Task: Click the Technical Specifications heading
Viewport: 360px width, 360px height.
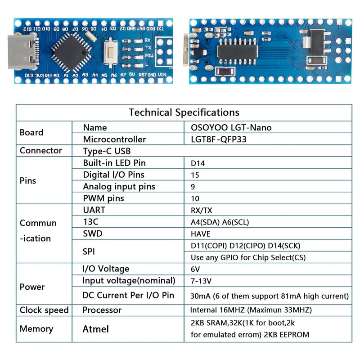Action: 184,112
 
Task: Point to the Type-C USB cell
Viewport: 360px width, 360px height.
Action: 107,151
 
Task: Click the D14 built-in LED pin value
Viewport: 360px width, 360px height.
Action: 198,163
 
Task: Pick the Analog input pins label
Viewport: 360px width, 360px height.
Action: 119,186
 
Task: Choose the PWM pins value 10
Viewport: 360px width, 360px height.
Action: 195,198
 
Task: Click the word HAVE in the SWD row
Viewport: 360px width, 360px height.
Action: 201,234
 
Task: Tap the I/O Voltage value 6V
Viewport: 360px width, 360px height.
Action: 196,269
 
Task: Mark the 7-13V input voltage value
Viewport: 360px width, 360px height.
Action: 201,281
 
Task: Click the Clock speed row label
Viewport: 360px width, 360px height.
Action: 44,310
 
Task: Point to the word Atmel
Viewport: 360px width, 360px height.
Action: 95,329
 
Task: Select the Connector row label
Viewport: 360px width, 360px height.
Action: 40,151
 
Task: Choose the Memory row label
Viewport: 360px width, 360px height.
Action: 36,329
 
